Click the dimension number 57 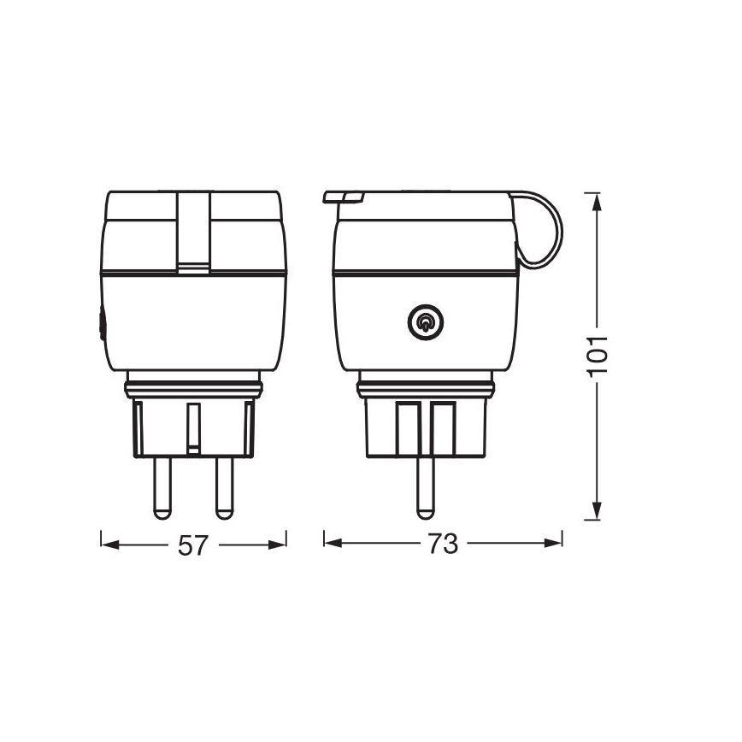192,545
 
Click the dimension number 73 443,545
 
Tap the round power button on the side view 424,322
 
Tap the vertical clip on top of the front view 193,231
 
